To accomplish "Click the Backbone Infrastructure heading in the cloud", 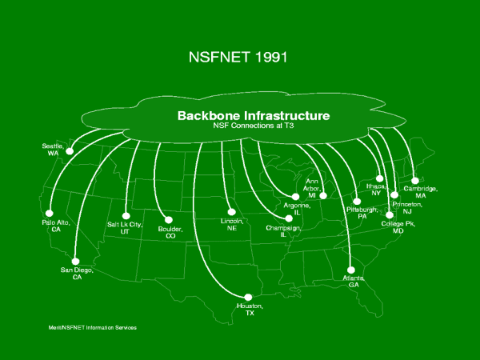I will [252, 115].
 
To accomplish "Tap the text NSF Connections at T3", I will [252, 126].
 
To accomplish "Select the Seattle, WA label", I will [53, 150].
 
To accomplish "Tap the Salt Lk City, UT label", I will [124, 228].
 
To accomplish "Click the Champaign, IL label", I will [282, 231].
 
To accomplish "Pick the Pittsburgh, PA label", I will [362, 212].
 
